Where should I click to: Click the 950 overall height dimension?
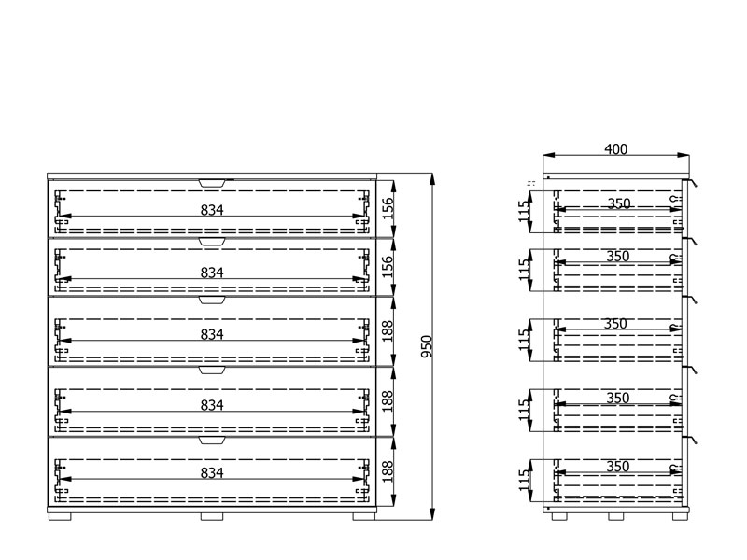(427, 346)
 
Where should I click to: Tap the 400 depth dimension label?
(616, 149)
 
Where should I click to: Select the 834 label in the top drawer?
(212, 210)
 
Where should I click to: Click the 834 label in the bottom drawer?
(212, 473)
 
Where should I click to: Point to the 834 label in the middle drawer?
(212, 335)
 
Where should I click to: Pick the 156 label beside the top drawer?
(388, 208)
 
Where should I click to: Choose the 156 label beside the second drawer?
(388, 267)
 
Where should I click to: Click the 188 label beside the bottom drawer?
(388, 471)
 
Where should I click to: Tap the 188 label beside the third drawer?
(388, 331)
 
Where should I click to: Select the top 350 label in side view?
(619, 203)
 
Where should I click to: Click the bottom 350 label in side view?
(618, 466)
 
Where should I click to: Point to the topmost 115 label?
(525, 211)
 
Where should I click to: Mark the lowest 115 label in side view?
(525, 480)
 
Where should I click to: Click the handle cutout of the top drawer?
(212, 183)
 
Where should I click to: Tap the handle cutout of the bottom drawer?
(212, 440)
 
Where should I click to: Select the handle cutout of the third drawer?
(212, 300)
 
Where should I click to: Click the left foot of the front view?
(60, 516)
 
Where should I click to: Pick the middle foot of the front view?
(212, 516)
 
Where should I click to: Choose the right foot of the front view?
(364, 516)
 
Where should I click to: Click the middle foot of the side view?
(616, 516)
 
